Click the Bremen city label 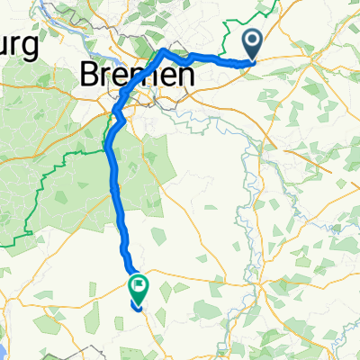(x=137, y=76)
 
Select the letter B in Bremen (x=91, y=76)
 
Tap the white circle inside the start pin (x=252, y=39)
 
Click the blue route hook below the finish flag (x=136, y=307)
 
